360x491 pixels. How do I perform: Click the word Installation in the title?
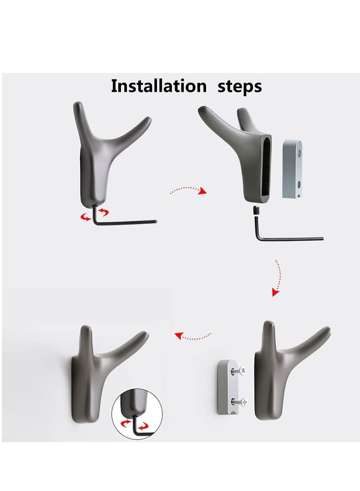click(159, 86)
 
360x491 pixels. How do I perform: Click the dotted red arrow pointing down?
click(277, 278)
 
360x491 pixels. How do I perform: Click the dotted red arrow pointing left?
click(193, 337)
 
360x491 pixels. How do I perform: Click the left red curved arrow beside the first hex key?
click(85, 216)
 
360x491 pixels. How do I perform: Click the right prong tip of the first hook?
click(148, 119)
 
